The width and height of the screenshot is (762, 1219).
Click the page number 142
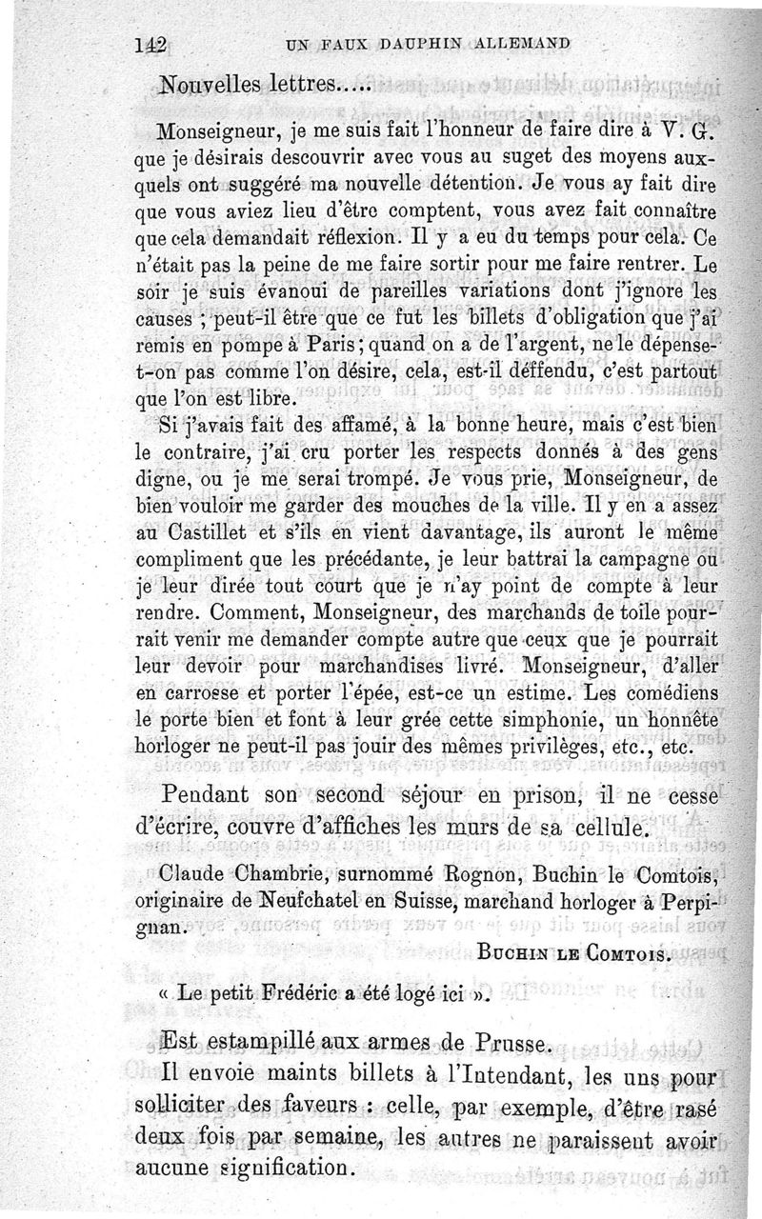pyautogui.click(x=151, y=43)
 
